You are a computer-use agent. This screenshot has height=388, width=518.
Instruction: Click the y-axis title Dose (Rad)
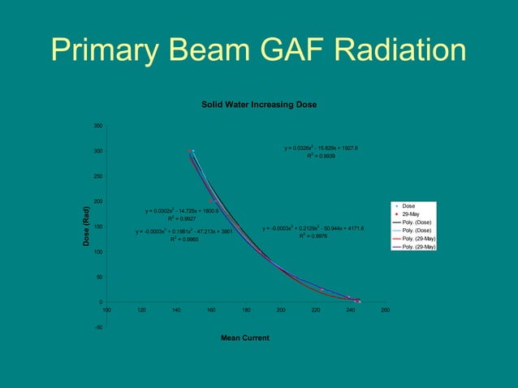point(85,227)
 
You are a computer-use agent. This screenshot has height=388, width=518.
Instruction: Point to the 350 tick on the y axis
point(97,126)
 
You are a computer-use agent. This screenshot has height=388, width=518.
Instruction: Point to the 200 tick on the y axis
point(97,201)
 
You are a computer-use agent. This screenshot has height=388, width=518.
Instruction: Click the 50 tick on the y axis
point(99,277)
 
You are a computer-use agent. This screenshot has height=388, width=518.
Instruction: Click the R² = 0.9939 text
point(321,155)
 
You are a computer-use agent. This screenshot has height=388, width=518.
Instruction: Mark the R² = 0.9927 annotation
point(182,218)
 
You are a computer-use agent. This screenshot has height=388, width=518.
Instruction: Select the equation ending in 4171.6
point(313,229)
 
